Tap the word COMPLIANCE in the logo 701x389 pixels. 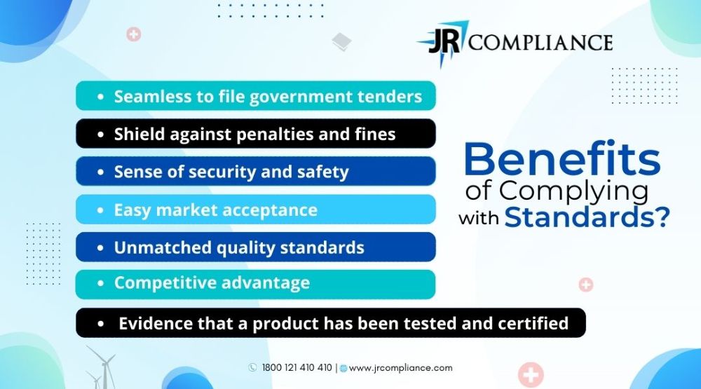tap(540, 43)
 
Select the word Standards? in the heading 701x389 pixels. tap(587, 217)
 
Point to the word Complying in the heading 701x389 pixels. tap(573, 192)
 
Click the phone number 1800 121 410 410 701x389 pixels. tap(297, 367)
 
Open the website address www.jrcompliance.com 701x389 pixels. tap(400, 368)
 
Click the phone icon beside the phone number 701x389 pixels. tap(252, 367)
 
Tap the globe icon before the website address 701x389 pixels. tap(343, 369)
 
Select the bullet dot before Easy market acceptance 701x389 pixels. tap(100, 210)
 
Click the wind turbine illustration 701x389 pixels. tap(102, 367)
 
